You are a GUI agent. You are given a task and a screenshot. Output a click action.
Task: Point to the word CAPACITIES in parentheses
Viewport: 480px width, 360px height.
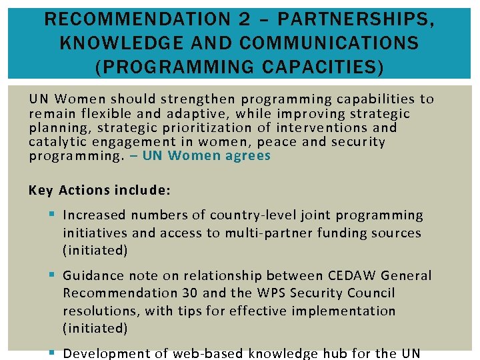click(316, 67)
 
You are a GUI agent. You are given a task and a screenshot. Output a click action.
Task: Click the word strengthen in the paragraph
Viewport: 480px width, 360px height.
click(199, 99)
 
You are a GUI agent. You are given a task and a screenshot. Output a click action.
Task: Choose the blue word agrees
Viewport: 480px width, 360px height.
click(248, 155)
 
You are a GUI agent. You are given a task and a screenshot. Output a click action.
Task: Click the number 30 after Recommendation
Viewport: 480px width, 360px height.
click(189, 293)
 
